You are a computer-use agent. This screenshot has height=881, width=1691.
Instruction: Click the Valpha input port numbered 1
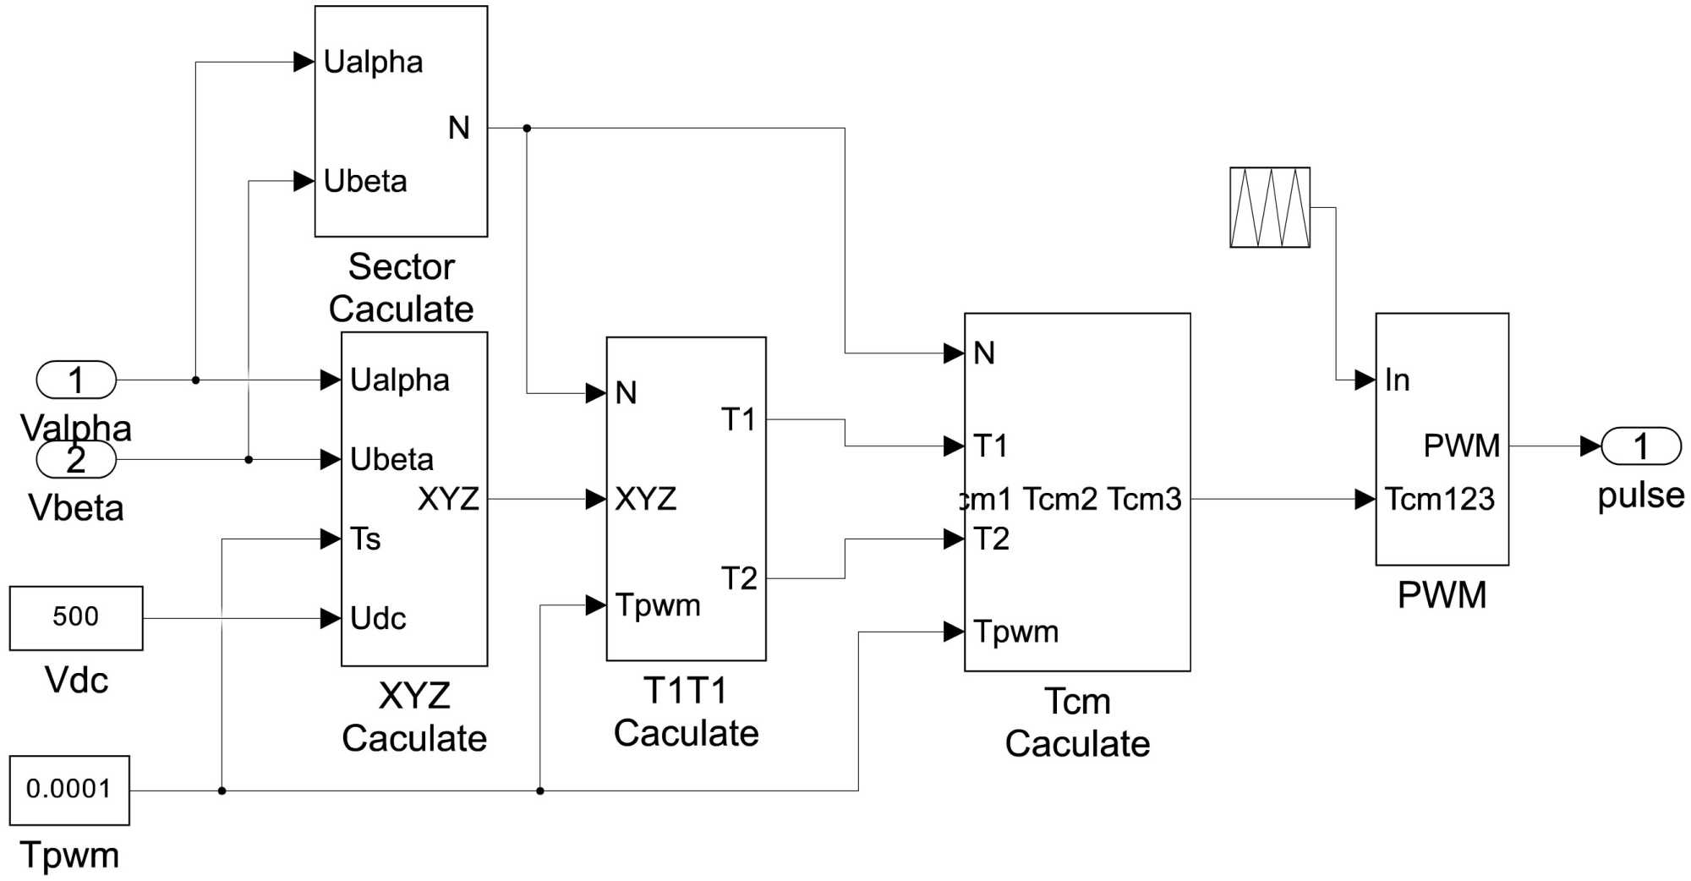tap(76, 380)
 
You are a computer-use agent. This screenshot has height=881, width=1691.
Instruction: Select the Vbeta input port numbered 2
tap(76, 460)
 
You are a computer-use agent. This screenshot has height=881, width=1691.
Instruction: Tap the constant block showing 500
tap(76, 618)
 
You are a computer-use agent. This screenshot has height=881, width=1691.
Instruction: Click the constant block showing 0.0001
tap(69, 790)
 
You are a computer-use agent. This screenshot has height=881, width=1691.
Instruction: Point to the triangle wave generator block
tap(1269, 207)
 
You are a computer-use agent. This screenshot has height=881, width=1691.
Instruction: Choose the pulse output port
tap(1640, 446)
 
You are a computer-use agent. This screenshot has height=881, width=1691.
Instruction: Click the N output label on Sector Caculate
tap(459, 129)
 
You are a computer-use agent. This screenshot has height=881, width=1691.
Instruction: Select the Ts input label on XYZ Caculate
tap(365, 539)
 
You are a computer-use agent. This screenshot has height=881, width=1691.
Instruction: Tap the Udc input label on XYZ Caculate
tap(378, 619)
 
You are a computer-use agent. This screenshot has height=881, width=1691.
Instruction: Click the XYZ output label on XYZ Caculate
tap(448, 499)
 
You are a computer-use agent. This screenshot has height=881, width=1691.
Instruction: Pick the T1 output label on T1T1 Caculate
tap(738, 419)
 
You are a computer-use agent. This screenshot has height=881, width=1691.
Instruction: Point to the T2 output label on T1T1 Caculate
tap(738, 578)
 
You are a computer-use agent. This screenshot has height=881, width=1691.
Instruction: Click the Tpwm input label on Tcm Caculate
tap(1015, 632)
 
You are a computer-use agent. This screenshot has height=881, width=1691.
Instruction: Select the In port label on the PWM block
tap(1397, 380)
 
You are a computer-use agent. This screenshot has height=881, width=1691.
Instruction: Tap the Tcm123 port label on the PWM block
tap(1440, 499)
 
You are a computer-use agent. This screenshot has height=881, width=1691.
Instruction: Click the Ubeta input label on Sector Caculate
tap(365, 182)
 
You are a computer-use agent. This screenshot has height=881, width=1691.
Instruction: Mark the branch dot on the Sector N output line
tap(527, 129)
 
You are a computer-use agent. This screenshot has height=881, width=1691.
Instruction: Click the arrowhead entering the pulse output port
tap(1590, 446)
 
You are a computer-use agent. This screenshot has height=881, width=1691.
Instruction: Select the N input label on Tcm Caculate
tap(984, 353)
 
